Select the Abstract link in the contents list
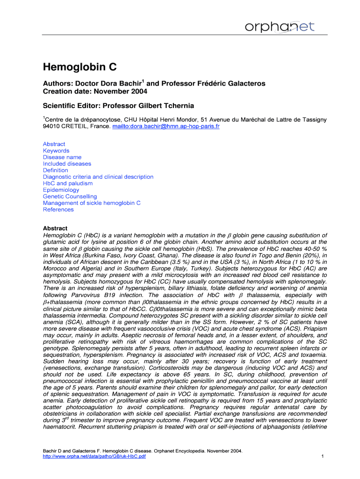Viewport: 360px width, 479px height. [x=54, y=144]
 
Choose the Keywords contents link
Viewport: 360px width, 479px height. [x=56, y=151]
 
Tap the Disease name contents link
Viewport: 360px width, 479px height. [x=62, y=157]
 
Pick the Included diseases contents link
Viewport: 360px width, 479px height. [x=67, y=164]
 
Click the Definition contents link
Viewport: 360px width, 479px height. [x=56, y=170]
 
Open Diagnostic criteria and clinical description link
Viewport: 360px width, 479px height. [x=98, y=177]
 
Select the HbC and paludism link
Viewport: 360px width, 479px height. [x=68, y=183]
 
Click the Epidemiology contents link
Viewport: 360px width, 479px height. [x=61, y=190]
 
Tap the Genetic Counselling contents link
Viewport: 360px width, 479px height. [x=70, y=196]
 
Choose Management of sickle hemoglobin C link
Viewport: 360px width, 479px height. [x=92, y=203]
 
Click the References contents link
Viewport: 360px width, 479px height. [x=58, y=210]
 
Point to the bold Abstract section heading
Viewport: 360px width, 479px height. [x=55, y=229]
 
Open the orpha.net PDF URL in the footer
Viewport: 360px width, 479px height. [x=94, y=457]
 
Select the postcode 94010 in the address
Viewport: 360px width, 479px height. [x=52, y=127]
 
